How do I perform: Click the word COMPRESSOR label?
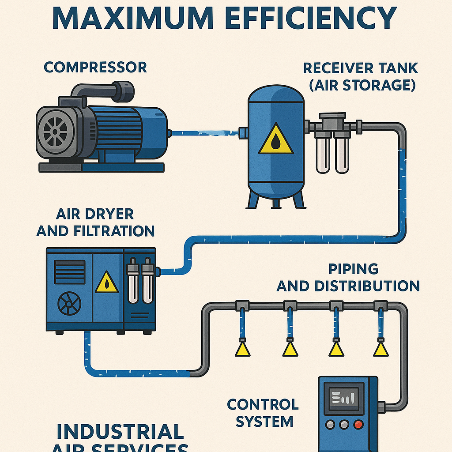tap(95, 67)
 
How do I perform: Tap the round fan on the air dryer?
tap(70, 302)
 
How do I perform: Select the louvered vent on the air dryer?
tap(70, 271)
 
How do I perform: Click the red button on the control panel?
tap(359, 425)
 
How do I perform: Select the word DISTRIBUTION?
tap(366, 286)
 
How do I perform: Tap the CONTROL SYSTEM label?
tap(263, 412)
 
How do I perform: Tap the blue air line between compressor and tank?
tap(203, 131)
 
